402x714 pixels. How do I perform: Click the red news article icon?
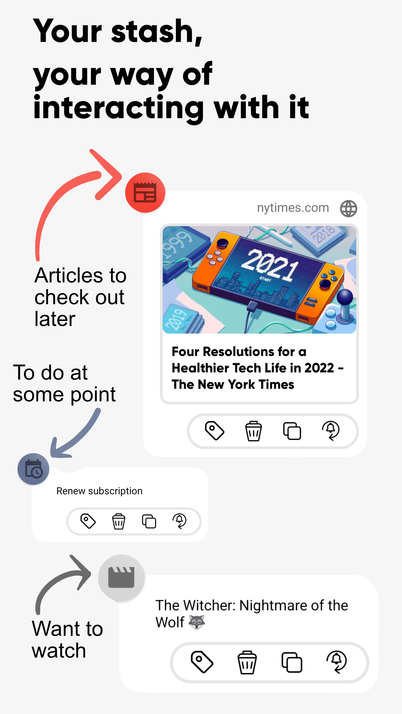click(x=145, y=193)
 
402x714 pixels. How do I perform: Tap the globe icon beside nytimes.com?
click(x=348, y=208)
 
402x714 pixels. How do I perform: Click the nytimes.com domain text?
click(x=293, y=208)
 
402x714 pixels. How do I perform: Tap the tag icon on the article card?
click(x=214, y=430)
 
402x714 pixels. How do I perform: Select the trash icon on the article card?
click(x=253, y=431)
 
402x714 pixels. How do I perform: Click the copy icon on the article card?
click(x=292, y=431)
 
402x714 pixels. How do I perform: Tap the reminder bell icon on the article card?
click(x=331, y=430)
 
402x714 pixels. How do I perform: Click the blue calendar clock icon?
click(x=33, y=469)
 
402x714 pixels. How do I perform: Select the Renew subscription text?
click(x=99, y=491)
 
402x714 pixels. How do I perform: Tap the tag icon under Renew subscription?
click(x=88, y=521)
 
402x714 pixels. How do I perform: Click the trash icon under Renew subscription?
click(x=119, y=521)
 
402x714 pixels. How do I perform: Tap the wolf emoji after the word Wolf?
click(x=197, y=622)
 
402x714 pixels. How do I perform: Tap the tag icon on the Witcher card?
click(x=202, y=662)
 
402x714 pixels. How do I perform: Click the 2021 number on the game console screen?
click(x=269, y=265)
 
